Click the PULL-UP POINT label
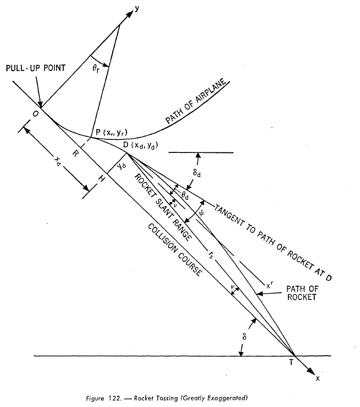pyautogui.click(x=36, y=68)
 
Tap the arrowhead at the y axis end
pyautogui.click(x=129, y=15)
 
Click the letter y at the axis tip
pyautogui.click(x=136, y=9)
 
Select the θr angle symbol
pyautogui.click(x=96, y=69)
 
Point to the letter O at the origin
pyautogui.click(x=35, y=114)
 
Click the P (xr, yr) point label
pyautogui.click(x=112, y=132)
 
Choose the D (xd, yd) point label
pyautogui.click(x=140, y=145)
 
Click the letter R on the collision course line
pyautogui.click(x=75, y=154)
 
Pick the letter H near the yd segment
pyautogui.click(x=102, y=178)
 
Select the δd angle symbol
pyautogui.click(x=197, y=173)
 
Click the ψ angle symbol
pyautogui.click(x=201, y=213)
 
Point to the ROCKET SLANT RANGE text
pyautogui.click(x=163, y=207)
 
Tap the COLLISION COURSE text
pyautogui.click(x=175, y=250)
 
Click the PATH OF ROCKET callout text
pyautogui.click(x=302, y=293)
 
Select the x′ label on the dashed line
pyautogui.click(x=269, y=286)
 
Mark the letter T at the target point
pyautogui.click(x=291, y=362)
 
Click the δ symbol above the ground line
pyautogui.click(x=244, y=337)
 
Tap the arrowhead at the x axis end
pyautogui.click(x=311, y=370)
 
